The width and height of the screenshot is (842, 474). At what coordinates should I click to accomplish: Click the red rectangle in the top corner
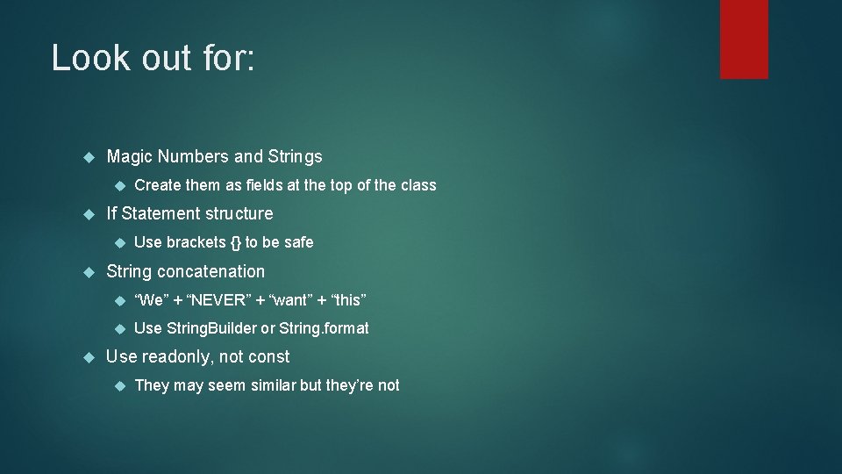744,39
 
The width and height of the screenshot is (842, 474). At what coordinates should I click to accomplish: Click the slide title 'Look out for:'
153,58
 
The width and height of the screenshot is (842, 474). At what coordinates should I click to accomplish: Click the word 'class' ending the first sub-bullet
418,185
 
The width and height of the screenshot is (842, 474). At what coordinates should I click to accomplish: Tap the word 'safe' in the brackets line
298,242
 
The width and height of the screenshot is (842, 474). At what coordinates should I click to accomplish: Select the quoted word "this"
348,300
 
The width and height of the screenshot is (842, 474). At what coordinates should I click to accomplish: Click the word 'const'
270,357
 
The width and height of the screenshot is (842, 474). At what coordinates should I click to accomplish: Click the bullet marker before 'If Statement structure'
87,214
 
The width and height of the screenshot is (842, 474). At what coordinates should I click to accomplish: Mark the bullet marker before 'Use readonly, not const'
87,357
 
